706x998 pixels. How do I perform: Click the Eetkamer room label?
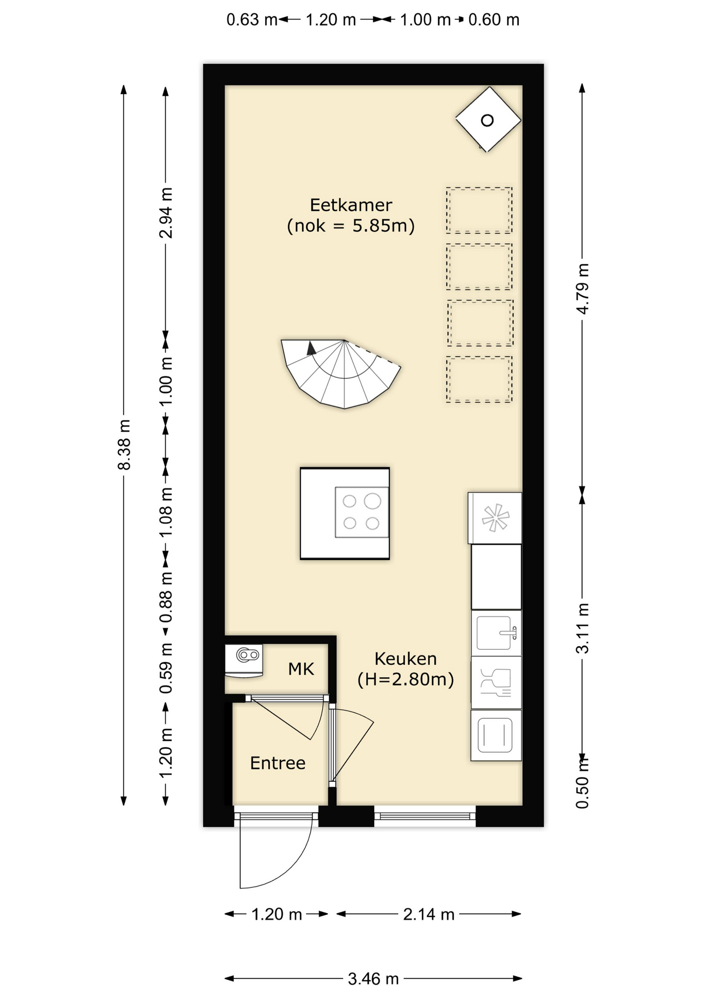pyautogui.click(x=351, y=205)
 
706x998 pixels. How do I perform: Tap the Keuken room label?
pyautogui.click(x=406, y=659)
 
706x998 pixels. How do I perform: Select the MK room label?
pyautogui.click(x=301, y=668)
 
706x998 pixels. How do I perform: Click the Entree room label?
pyautogui.click(x=278, y=763)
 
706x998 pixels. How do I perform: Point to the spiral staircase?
pyautogui.click(x=341, y=372)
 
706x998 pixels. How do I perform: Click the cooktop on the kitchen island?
pyautogui.click(x=362, y=512)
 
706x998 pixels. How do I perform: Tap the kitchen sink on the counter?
pyautogui.click(x=496, y=633)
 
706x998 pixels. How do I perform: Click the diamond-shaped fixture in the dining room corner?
pyautogui.click(x=488, y=120)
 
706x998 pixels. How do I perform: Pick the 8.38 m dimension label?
pyautogui.click(x=124, y=444)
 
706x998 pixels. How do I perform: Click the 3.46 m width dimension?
pyautogui.click(x=373, y=979)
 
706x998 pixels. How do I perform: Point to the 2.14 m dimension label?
pyautogui.click(x=429, y=914)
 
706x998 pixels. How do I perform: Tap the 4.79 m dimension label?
pyautogui.click(x=582, y=288)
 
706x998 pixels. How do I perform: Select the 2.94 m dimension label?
pyautogui.click(x=165, y=213)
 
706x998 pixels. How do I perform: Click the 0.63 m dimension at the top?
pyautogui.click(x=252, y=20)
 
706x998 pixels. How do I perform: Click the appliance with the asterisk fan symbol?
pyautogui.click(x=495, y=518)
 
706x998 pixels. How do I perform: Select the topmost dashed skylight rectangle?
pyautogui.click(x=479, y=210)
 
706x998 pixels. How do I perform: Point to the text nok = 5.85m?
pyautogui.click(x=351, y=226)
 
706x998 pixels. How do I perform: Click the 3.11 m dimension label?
pyautogui.click(x=582, y=628)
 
